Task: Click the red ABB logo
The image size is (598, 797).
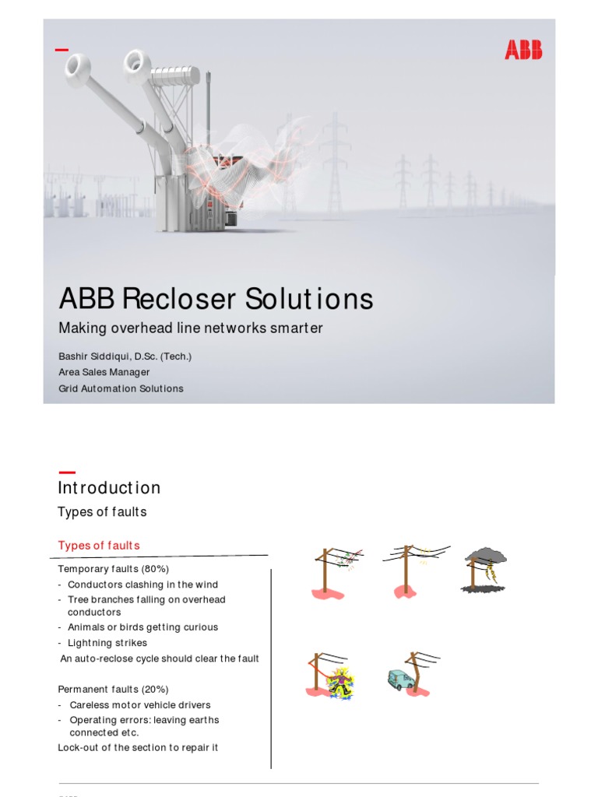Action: (x=523, y=51)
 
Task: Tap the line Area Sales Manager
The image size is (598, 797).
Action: (x=104, y=372)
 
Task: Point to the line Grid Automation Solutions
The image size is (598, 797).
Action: (x=121, y=388)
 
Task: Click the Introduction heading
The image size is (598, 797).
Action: (x=109, y=488)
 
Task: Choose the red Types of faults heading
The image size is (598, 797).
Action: (x=99, y=545)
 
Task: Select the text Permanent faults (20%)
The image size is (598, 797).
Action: (x=113, y=689)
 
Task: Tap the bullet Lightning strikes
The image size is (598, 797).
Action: (x=107, y=643)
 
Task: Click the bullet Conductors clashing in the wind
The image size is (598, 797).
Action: (x=142, y=585)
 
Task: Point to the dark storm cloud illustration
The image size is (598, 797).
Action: (x=486, y=556)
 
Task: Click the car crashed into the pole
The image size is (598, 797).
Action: (x=401, y=679)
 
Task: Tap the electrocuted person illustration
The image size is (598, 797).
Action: (x=339, y=682)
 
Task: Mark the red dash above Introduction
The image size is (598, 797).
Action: (x=67, y=471)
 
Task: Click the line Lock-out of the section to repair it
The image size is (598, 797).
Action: (x=138, y=747)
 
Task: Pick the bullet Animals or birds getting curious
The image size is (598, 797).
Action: (x=142, y=627)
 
